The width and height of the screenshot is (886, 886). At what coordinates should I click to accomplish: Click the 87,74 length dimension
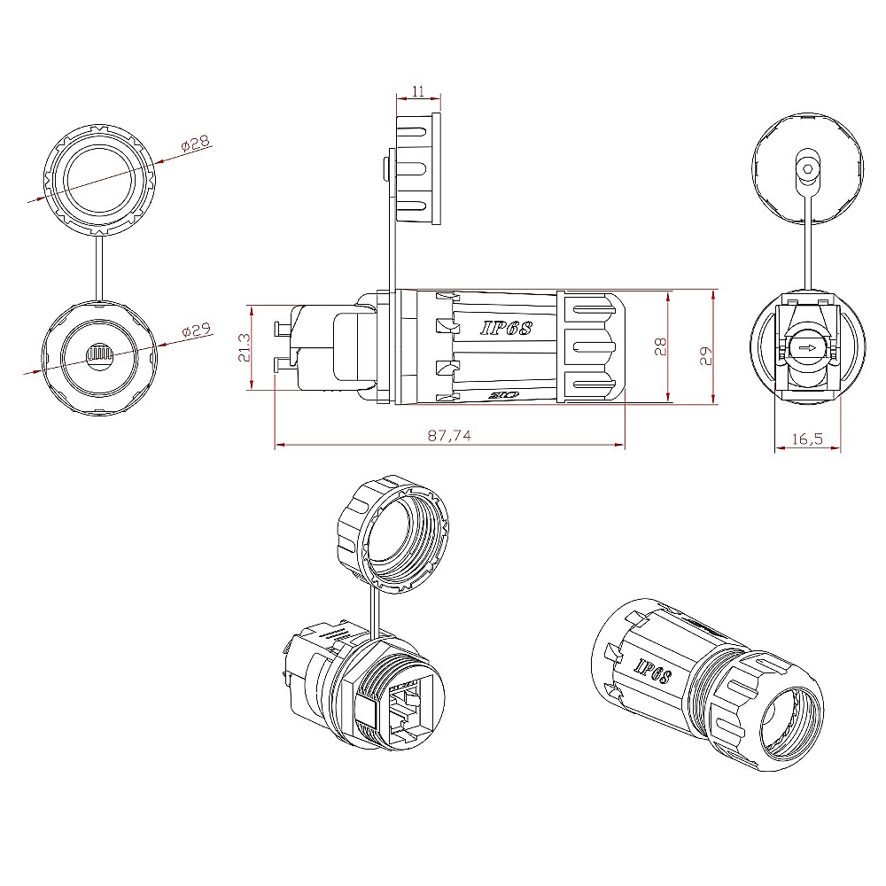450,434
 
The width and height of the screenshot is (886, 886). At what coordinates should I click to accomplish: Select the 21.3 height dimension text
243,348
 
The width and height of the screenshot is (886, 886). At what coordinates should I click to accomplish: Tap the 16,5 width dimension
806,438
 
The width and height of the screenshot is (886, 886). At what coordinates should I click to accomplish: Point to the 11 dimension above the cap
418,91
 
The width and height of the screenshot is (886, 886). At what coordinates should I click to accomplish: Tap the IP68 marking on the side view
506,328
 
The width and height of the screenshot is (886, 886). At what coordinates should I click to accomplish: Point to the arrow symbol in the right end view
806,348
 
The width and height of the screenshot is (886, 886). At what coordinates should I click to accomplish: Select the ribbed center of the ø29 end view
98,356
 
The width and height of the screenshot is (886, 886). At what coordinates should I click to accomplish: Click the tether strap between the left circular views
99,268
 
